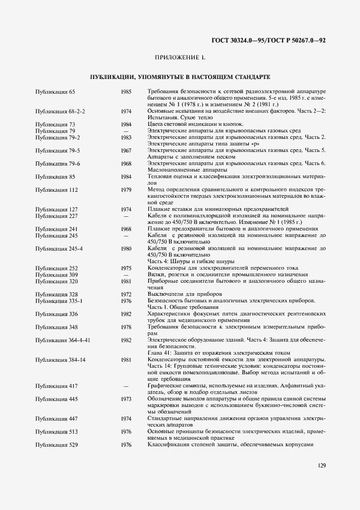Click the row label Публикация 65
pos(55,92)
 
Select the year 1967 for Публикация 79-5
pos(126,150)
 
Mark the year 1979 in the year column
pos(126,189)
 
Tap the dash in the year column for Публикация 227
pos(126,215)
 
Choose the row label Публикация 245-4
pos(59,248)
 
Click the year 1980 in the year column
pos(126,248)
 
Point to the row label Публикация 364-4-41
pos(63,339)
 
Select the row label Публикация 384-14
pos(60,360)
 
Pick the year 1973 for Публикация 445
pos(126,399)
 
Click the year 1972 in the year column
pos(126,294)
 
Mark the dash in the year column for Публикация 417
pos(126,386)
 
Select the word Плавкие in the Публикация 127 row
pos(157,209)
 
